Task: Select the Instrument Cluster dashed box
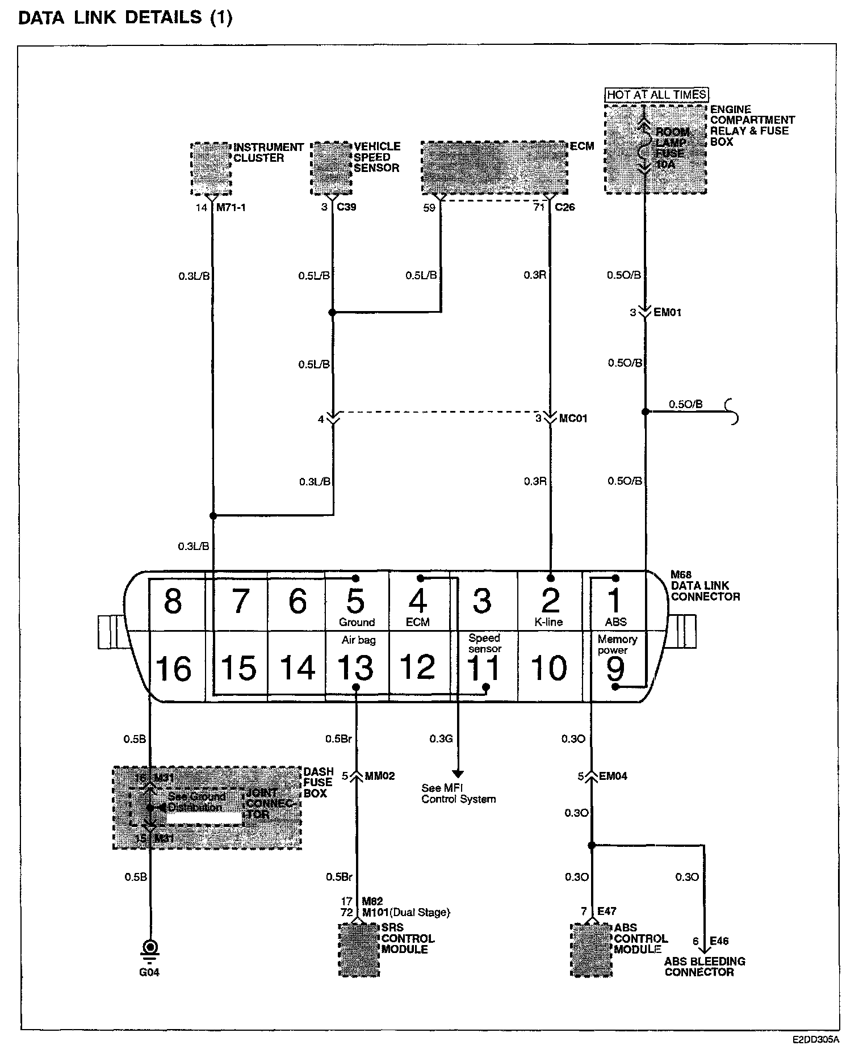[211, 169]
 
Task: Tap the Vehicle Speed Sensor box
[332, 168]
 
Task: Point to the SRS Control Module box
[359, 950]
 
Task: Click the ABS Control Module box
[591, 950]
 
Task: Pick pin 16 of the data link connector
[174, 668]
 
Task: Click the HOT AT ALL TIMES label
[656, 95]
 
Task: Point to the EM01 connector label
[668, 313]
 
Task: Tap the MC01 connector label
[573, 419]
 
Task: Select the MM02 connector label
[379, 776]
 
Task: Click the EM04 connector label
[613, 776]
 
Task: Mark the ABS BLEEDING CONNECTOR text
[705, 967]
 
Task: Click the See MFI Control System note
[458, 793]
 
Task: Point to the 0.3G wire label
[441, 738]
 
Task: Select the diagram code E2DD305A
[815, 1039]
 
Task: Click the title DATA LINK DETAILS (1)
[125, 18]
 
